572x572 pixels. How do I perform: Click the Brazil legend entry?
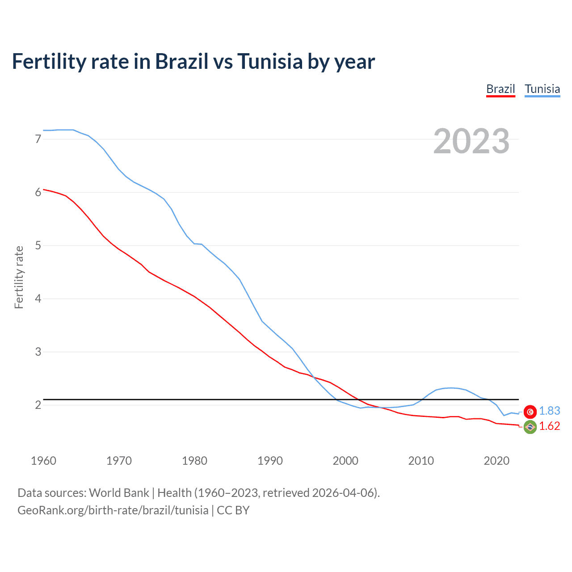pyautogui.click(x=500, y=89)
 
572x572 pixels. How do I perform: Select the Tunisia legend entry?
pyautogui.click(x=542, y=89)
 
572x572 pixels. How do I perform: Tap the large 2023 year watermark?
pyautogui.click(x=471, y=141)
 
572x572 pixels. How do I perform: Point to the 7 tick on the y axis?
pyautogui.click(x=38, y=139)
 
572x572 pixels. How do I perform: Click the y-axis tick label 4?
pyautogui.click(x=38, y=299)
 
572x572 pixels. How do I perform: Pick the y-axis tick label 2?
pyautogui.click(x=38, y=405)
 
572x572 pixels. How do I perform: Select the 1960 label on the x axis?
pyautogui.click(x=43, y=461)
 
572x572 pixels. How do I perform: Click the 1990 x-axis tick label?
pyautogui.click(x=270, y=461)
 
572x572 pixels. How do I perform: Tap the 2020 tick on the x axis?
pyautogui.click(x=496, y=461)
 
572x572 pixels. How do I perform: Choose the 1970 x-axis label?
pyautogui.click(x=119, y=461)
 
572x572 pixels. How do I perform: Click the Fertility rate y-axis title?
pyautogui.click(x=19, y=277)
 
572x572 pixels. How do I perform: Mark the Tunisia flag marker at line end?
pyautogui.click(x=530, y=412)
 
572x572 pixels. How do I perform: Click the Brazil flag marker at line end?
pyautogui.click(x=530, y=427)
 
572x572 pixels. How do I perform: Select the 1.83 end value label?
pyautogui.click(x=549, y=411)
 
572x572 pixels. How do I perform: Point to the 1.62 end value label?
pyautogui.click(x=549, y=426)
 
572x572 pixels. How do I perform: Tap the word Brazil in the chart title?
pyautogui.click(x=181, y=61)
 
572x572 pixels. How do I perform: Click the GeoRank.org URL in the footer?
pyautogui.click(x=113, y=510)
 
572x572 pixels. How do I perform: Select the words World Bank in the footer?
pyautogui.click(x=119, y=493)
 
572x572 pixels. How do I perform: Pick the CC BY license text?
pyautogui.click(x=233, y=510)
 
